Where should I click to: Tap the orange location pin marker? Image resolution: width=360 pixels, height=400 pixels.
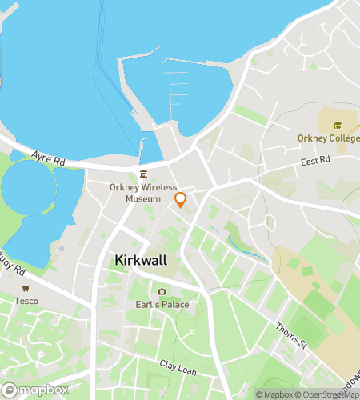coord(181,199)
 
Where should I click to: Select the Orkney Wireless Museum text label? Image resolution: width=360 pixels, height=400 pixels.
coord(143,193)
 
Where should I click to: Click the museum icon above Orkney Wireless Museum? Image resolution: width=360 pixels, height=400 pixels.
coord(143,174)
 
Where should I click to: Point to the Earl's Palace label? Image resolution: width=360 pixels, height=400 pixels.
coord(162,305)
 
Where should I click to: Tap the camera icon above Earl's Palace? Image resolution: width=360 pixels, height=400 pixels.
coord(162,291)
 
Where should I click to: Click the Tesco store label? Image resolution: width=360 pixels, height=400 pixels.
coord(26,301)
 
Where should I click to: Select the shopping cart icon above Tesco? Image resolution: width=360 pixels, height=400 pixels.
coord(26,288)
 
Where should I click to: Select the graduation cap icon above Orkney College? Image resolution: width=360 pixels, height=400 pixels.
coord(338,126)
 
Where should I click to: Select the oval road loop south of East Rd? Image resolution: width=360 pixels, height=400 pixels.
coord(270,222)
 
